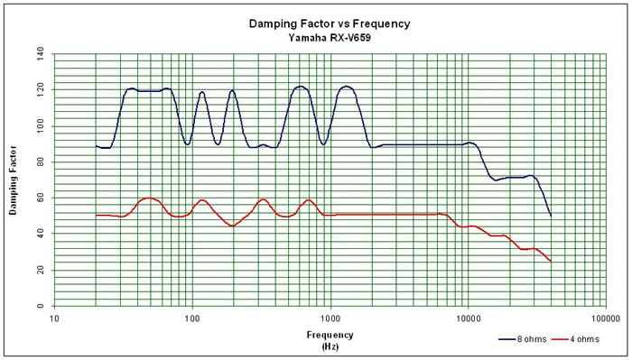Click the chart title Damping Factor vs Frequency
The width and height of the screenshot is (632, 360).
[x=330, y=23]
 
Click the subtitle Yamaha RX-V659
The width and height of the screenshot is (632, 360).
[x=330, y=38]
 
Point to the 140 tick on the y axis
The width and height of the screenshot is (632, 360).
[x=40, y=53]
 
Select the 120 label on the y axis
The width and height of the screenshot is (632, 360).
[x=40, y=90]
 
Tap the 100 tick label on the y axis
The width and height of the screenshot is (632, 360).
[x=40, y=126]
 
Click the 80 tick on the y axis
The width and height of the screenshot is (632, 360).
[x=42, y=162]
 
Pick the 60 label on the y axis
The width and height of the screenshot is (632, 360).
[x=42, y=198]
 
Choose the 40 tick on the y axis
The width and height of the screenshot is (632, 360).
[x=42, y=234]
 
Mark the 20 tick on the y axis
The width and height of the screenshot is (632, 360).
[x=42, y=270]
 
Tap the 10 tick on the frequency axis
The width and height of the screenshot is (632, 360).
[x=54, y=318]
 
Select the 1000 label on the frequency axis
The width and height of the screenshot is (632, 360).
[x=330, y=318]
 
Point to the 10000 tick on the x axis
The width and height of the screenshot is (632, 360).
[x=468, y=318]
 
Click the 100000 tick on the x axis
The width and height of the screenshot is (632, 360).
[x=606, y=318]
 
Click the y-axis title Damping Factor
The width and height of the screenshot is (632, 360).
[x=14, y=180]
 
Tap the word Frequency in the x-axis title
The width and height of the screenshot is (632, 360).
[x=330, y=335]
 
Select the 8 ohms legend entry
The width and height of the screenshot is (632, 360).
[x=523, y=339]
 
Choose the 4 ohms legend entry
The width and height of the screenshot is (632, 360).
[x=575, y=339]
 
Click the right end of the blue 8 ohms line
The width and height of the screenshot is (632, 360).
[x=551, y=216]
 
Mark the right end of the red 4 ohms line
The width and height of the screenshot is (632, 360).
[x=551, y=261]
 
